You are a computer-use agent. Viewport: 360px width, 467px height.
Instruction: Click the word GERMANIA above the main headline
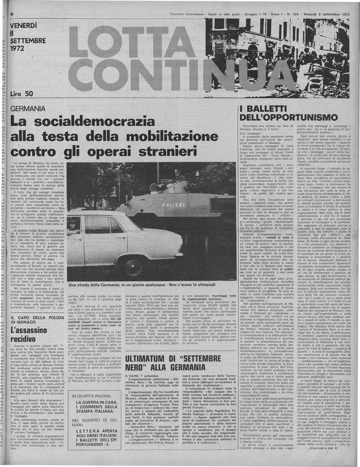pos(27,109)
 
